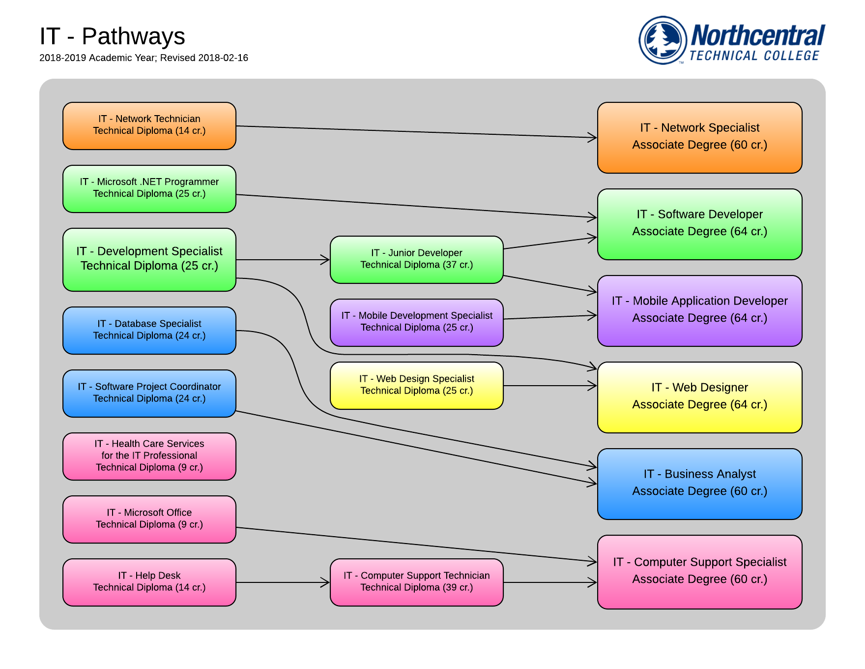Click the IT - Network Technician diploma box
(149, 126)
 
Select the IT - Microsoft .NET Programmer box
(149, 189)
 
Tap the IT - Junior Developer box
(417, 260)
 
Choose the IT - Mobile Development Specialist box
(417, 323)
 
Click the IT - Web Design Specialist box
(417, 386)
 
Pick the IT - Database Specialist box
(149, 331)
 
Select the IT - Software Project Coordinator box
(149, 394)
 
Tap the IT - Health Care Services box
(149, 456)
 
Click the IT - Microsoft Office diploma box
(149, 519)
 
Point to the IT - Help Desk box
(149, 582)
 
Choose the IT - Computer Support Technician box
(417, 582)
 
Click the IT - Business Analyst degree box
(700, 484)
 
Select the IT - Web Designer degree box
(700, 397)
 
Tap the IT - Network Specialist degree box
(700, 138)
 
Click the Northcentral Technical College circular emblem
(663, 40)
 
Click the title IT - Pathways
(112, 36)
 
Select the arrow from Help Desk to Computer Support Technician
(283, 582)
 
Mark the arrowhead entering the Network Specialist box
(593, 137)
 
